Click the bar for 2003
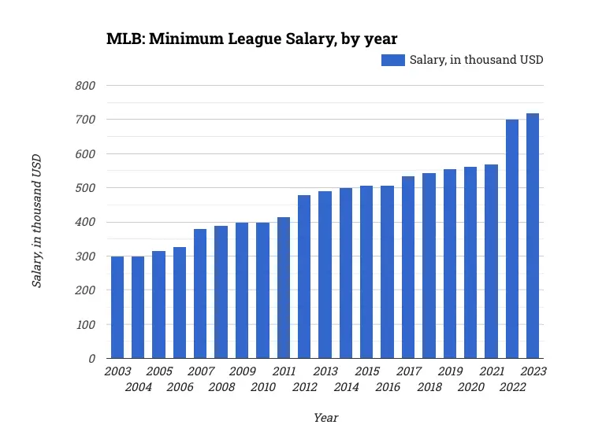click(117, 308)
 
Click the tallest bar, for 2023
click(533, 236)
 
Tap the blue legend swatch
click(392, 60)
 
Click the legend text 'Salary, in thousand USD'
click(476, 60)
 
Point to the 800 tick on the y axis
click(85, 86)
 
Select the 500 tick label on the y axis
click(85, 188)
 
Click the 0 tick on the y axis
click(91, 359)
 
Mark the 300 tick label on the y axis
click(85, 257)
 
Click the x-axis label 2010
click(263, 387)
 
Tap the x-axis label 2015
click(367, 371)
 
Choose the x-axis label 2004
click(139, 387)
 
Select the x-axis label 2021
click(492, 371)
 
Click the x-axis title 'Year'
click(325, 418)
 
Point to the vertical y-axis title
click(36, 221)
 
